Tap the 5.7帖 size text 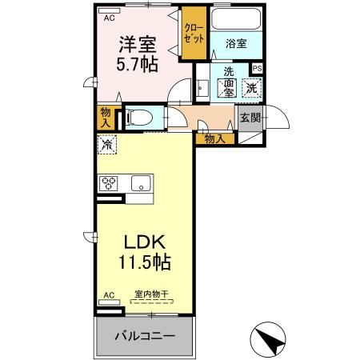point(138,66)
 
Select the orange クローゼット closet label point(194,31)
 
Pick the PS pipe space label point(257,69)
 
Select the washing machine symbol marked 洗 point(250,87)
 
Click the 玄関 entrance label point(250,118)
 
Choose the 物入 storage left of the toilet point(106,117)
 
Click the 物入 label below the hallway point(214,138)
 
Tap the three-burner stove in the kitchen point(109,182)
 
